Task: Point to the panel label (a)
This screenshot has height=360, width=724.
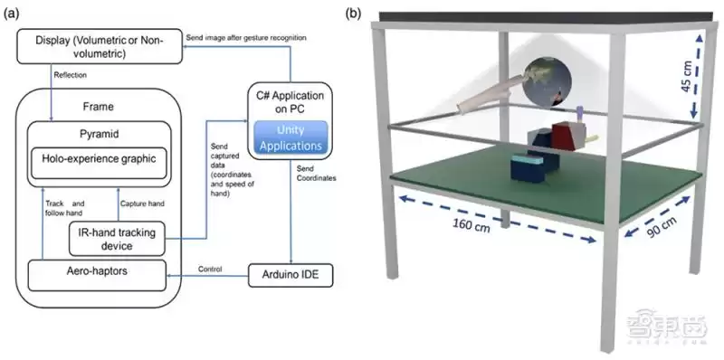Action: (x=15, y=14)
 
